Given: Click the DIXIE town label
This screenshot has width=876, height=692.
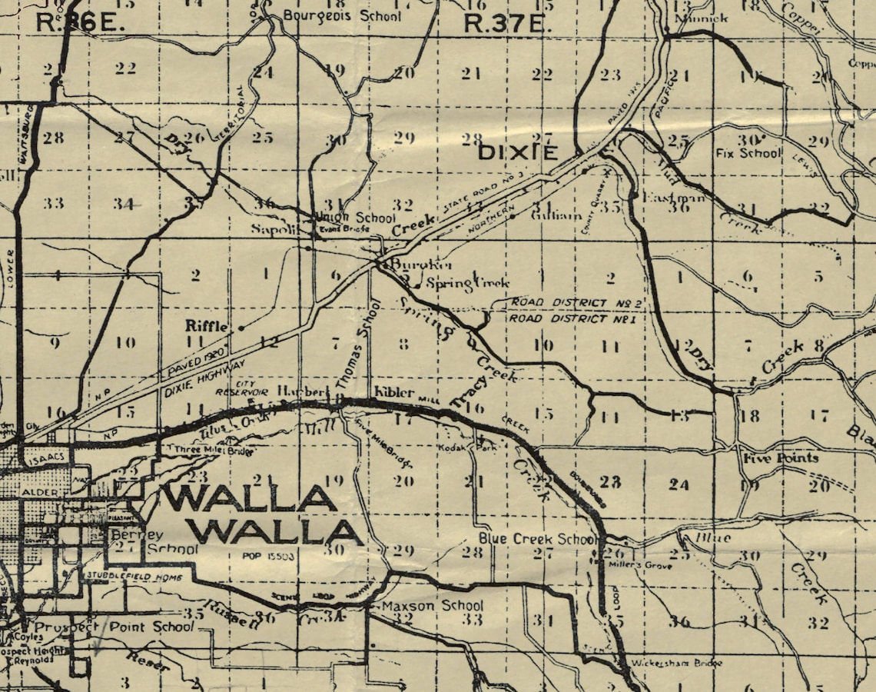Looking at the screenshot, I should point(518,151).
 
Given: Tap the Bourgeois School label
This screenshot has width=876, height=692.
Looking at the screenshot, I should point(342,15).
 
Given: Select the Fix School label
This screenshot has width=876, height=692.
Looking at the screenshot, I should point(749,153).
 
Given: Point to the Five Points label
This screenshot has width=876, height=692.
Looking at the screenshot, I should point(780,458).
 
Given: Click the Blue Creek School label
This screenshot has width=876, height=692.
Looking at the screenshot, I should point(537,538).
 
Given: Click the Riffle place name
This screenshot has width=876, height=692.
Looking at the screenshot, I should point(207,326).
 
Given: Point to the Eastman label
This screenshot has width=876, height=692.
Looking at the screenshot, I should point(665,198).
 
